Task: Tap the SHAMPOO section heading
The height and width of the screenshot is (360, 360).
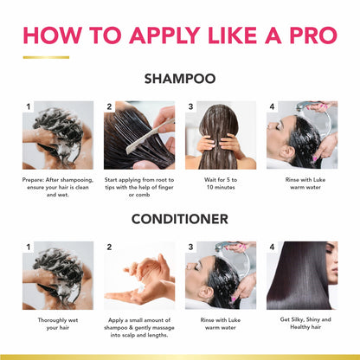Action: point(179,80)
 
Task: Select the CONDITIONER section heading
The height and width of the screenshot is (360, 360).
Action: point(179,219)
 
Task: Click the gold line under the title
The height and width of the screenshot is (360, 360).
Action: point(46,57)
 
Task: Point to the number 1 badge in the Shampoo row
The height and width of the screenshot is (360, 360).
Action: point(29,107)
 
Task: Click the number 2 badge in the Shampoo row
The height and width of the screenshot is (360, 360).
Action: point(110,107)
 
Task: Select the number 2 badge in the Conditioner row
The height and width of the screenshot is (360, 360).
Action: point(110,247)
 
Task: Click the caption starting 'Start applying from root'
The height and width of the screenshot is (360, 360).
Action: point(138,190)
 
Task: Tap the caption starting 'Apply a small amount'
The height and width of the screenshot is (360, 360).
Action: point(138,330)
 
